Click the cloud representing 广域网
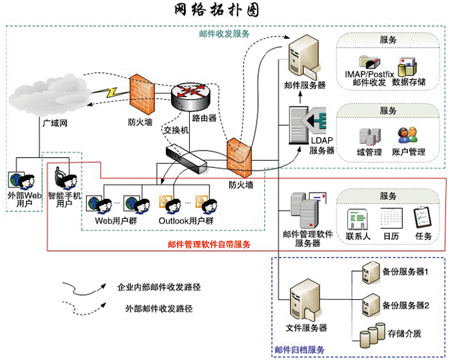pyautogui.click(x=47, y=96)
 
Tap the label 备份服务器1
pyautogui.click(x=405, y=272)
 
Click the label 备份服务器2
pyautogui.click(x=405, y=304)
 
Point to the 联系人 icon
pyautogui.click(x=358, y=218)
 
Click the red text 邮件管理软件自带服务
pyautogui.click(x=209, y=244)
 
